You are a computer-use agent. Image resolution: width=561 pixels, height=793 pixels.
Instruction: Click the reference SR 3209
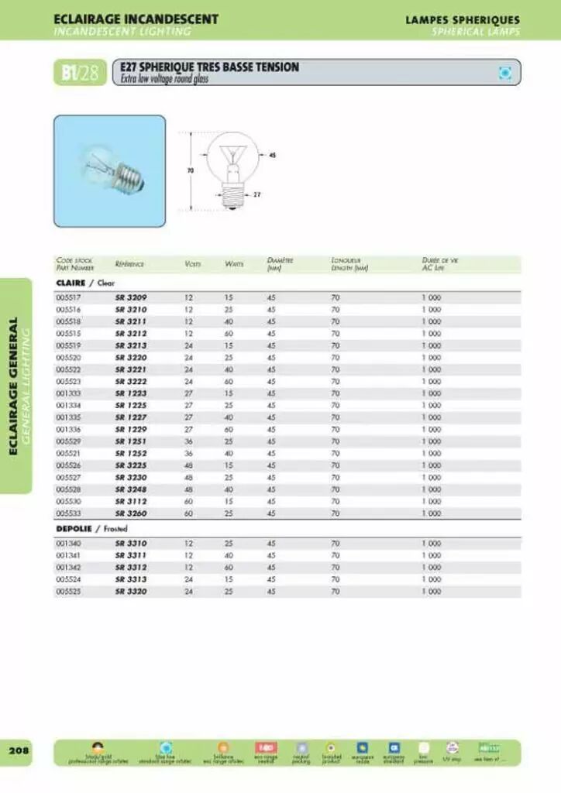point(130,297)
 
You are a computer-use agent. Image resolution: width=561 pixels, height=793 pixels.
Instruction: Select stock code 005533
point(69,513)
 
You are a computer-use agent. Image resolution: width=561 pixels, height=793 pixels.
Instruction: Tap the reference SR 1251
point(130,441)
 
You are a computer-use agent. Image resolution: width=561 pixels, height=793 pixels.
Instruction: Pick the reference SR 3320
point(130,591)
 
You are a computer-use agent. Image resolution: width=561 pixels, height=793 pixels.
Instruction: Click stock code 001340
point(69,544)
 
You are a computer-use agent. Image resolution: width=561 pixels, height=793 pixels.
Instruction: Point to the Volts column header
point(193,265)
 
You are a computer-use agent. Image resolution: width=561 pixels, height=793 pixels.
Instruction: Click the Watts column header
point(234,265)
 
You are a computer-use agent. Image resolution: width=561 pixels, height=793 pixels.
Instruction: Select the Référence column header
point(129,265)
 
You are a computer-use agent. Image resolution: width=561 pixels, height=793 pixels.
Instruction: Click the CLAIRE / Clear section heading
point(84,283)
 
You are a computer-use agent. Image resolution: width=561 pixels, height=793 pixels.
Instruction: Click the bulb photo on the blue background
point(109,163)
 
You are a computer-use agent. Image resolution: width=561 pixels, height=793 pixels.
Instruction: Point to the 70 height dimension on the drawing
point(189,170)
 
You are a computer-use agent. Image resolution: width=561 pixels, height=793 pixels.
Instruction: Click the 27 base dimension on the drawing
point(256,194)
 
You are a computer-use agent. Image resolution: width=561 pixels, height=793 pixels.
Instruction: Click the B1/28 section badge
point(80,74)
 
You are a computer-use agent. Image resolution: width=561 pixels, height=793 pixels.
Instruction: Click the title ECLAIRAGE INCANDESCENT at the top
point(136,19)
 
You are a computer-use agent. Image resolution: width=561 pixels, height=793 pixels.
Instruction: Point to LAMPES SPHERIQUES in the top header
point(463,19)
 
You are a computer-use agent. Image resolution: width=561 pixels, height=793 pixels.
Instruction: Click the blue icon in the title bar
point(505,73)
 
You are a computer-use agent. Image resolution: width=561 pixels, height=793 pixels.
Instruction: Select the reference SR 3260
point(130,513)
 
